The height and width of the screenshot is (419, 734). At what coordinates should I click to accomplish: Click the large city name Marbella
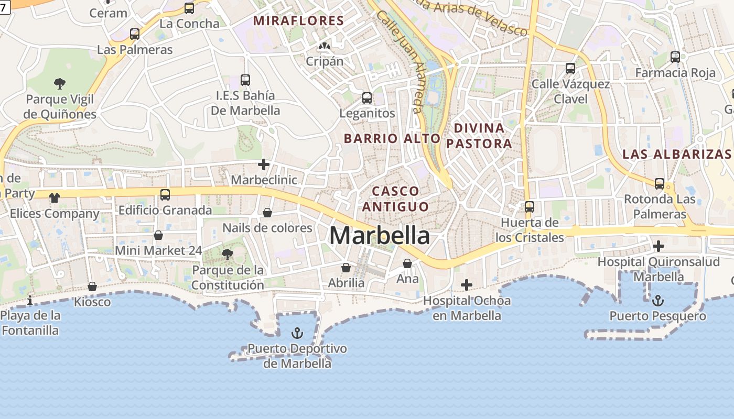[380, 236]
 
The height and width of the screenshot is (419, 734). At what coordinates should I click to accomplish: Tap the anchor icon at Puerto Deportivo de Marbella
[297, 333]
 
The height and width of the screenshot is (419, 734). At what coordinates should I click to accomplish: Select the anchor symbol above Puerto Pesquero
[657, 301]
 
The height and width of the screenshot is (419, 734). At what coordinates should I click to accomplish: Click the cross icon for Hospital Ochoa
[466, 285]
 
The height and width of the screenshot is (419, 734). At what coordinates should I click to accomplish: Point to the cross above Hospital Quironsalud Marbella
[659, 246]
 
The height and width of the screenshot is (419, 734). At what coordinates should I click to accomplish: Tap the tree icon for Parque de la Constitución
[228, 255]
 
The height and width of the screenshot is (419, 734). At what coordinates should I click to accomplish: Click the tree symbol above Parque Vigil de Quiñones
[60, 83]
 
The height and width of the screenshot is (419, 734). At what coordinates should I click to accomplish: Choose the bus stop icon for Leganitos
[367, 98]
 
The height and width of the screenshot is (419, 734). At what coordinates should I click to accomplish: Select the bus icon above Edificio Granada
[165, 195]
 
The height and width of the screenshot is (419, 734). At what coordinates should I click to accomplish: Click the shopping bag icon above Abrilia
[346, 268]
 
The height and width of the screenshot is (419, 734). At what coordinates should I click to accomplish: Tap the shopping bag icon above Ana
[407, 263]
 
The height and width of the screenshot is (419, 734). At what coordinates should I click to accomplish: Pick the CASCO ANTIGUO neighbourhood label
[395, 199]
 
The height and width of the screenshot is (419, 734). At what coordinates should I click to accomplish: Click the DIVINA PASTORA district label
[479, 136]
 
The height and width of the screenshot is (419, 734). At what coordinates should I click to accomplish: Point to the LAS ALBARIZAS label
[676, 154]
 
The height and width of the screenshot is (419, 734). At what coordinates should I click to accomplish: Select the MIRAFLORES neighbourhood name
[298, 21]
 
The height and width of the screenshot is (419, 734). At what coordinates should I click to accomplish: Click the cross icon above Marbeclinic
[264, 165]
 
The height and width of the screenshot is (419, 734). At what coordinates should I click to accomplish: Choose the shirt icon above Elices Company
[55, 198]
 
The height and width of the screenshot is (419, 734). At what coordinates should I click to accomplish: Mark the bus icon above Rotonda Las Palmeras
[660, 184]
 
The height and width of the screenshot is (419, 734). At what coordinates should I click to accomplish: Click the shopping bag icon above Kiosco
[92, 286]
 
